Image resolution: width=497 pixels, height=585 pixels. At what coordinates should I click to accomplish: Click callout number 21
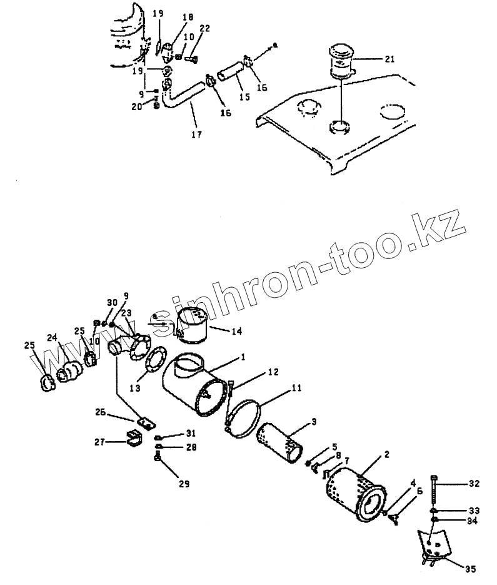pyautogui.click(x=389, y=59)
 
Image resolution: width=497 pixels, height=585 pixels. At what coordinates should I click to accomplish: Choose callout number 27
pyautogui.click(x=99, y=441)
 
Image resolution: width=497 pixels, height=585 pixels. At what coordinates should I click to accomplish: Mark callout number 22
pyautogui.click(x=204, y=28)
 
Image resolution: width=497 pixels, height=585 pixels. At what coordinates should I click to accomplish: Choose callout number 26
pyautogui.click(x=100, y=412)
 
